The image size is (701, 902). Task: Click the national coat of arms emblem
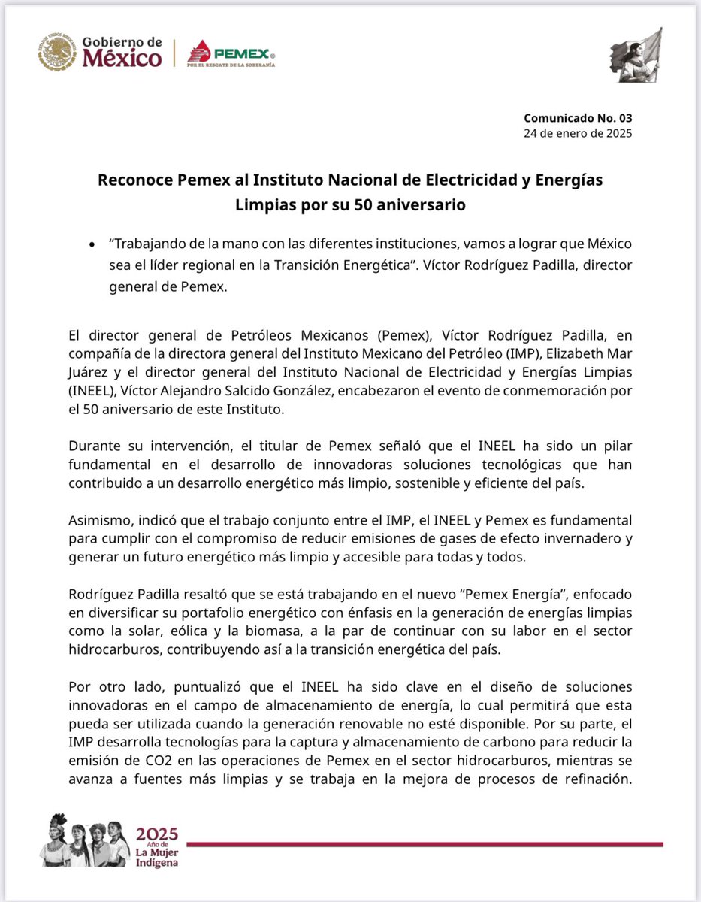point(57,51)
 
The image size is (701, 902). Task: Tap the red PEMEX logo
point(231,53)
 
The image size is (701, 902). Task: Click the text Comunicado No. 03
point(578,119)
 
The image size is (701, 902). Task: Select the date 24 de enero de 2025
point(578,134)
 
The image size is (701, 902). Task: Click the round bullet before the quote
point(92,246)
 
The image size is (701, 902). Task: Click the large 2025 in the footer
point(157,833)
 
